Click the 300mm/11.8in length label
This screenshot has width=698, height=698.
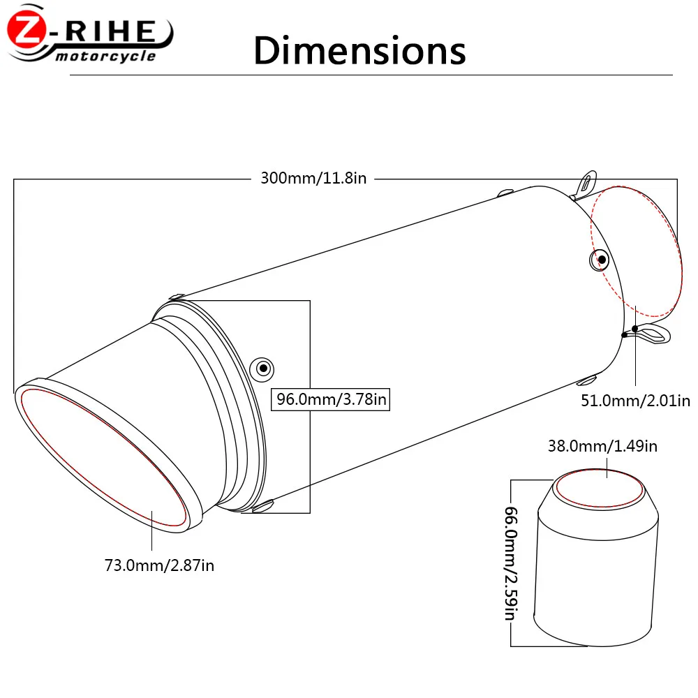tap(313, 178)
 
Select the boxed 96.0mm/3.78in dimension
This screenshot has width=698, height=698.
tap(330, 399)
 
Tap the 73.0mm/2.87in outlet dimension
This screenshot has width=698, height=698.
tap(159, 565)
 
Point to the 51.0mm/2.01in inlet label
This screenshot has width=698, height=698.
tap(635, 401)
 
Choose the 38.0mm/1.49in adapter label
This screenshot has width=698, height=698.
tap(602, 446)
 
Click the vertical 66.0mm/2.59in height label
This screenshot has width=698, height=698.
tap(511, 563)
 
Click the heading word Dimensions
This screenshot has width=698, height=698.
tap(359, 50)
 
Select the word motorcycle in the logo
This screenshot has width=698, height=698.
tap(105, 57)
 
